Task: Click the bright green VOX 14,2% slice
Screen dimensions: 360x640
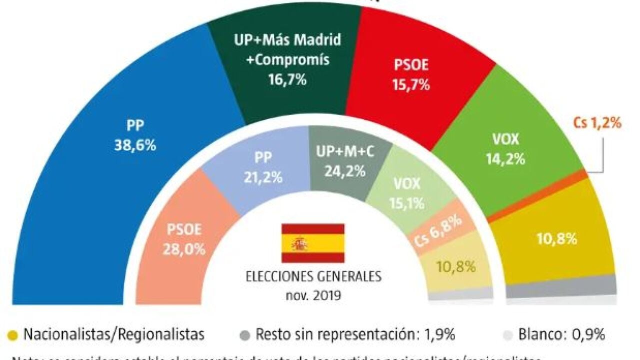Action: [505, 150]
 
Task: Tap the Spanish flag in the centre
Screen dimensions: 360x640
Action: [312, 243]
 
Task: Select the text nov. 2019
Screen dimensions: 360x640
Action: [312, 294]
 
